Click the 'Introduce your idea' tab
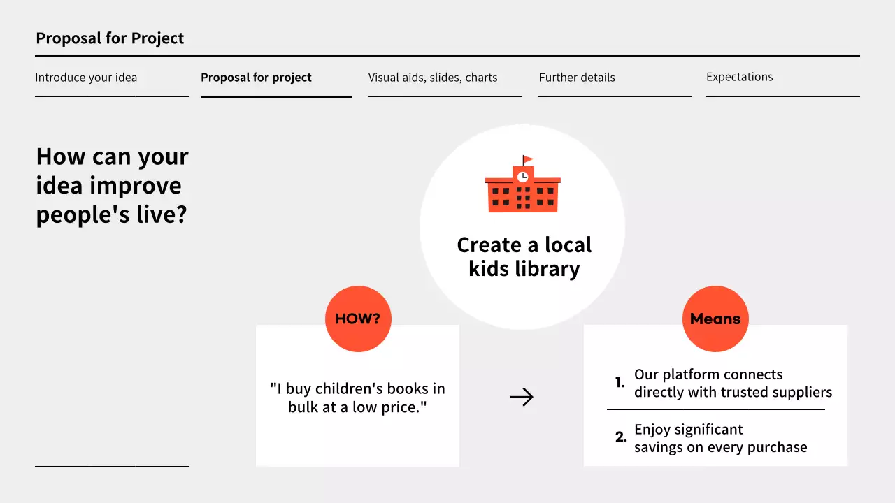[x=86, y=78]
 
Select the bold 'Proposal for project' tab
[x=256, y=78]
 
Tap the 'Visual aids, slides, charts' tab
[x=433, y=78]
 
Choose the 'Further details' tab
[x=577, y=78]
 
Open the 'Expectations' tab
[x=739, y=77]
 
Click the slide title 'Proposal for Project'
[x=110, y=38]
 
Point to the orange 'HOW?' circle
[x=358, y=319]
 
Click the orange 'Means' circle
[x=715, y=319]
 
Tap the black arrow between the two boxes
[x=522, y=398]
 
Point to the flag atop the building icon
[x=527, y=159]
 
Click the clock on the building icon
[x=522, y=177]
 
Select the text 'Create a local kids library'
[x=524, y=256]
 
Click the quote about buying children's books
[x=357, y=398]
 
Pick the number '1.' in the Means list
[x=620, y=383]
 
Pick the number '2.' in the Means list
[x=621, y=438]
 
